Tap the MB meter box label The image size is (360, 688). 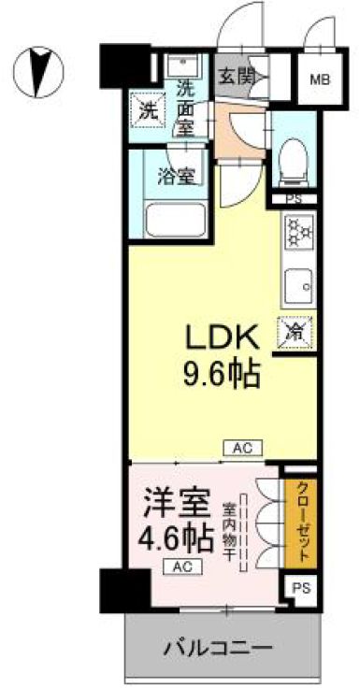(320, 79)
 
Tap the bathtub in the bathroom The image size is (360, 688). (182, 220)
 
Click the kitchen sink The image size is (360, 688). (298, 281)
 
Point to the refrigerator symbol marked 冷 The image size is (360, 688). (295, 330)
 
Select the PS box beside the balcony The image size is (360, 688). (299, 588)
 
